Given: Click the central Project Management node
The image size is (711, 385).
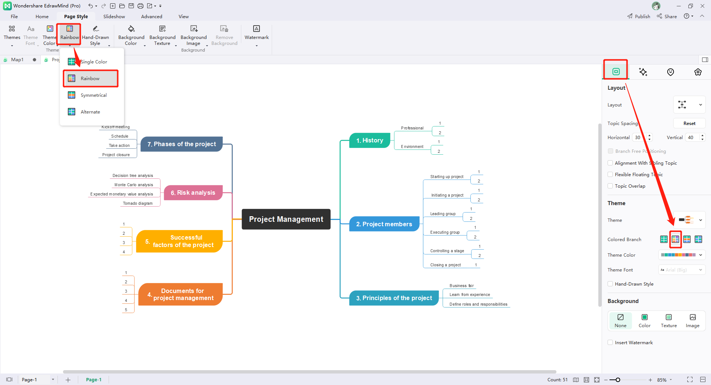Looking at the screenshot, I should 286,219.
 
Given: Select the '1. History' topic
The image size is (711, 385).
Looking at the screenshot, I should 370,141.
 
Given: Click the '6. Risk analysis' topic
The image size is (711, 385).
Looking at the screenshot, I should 193,193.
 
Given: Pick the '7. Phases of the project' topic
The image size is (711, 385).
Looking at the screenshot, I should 181,144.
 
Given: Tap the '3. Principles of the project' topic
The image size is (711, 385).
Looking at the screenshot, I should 394,298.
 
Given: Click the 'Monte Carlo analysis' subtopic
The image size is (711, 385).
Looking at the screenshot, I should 133,185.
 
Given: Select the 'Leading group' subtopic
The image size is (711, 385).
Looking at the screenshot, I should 443,214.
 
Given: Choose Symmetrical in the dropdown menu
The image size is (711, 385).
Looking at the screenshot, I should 93,95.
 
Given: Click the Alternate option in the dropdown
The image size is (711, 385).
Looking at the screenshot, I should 90,112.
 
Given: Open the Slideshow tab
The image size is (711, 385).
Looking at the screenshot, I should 114,17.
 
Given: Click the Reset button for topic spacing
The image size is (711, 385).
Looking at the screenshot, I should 689,124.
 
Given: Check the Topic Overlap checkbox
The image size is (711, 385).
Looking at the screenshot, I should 610,186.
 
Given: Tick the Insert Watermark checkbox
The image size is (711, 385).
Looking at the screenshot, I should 610,343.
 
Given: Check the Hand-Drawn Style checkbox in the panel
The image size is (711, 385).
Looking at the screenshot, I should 610,284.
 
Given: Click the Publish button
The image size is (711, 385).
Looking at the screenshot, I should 639,17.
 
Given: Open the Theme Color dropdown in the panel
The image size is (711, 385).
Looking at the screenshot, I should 681,255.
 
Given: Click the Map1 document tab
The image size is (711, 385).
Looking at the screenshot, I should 17,60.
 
